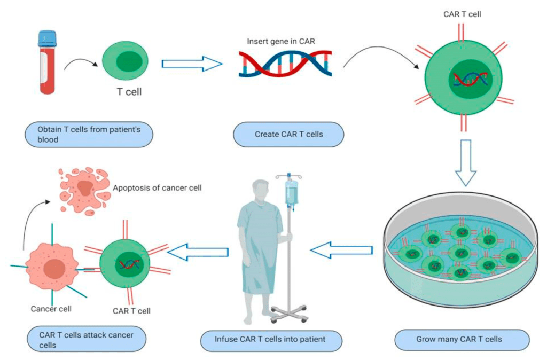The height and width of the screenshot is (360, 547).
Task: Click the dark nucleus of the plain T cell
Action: pos(130,63)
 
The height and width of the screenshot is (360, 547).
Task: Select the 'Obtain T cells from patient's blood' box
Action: pos(89,135)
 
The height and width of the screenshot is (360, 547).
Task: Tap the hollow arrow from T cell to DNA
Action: pos(191,65)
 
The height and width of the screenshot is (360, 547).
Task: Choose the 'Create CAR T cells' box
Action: pos(288,134)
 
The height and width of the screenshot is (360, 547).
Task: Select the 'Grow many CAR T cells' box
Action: pos(462,339)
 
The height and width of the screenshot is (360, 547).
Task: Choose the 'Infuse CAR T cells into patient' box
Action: pos(270,339)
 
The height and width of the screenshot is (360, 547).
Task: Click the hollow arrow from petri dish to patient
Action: pos(342,249)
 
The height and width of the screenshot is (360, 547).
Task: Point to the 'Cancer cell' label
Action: pos(51,309)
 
